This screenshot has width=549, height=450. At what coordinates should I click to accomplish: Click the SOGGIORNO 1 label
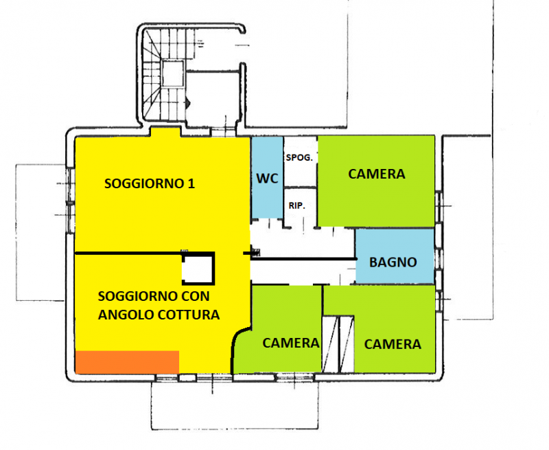[x=150, y=183]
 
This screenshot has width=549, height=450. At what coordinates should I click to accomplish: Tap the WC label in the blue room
[x=267, y=179]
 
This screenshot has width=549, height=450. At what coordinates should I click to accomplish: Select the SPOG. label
[x=299, y=158]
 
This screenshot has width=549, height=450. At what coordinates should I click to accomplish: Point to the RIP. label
[x=297, y=205]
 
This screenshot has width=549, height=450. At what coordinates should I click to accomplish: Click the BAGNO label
[x=393, y=262]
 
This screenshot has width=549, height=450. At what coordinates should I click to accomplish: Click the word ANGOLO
[x=126, y=315]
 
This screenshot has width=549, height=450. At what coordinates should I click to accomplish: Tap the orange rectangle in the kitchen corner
[x=127, y=362]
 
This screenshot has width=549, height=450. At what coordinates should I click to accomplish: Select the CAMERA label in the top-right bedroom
[x=376, y=174]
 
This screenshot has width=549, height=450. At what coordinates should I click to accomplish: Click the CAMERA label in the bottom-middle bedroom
[x=290, y=343]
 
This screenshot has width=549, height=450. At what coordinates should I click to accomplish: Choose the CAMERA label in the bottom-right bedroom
[x=393, y=344]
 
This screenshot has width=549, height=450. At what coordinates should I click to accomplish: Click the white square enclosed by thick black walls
[x=198, y=269]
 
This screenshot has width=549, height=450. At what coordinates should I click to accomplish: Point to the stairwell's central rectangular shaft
[x=173, y=74]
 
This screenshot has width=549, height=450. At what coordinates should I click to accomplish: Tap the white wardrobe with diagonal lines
[x=338, y=344]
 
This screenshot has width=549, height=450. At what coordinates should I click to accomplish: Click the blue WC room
[x=268, y=177]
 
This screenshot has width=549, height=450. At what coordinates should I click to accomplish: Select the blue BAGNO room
[x=395, y=256]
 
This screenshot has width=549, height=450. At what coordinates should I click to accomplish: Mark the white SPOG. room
[x=300, y=161]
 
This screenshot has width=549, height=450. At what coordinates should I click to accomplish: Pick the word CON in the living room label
[x=196, y=297]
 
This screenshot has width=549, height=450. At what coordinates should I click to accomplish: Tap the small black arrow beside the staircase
[x=188, y=102]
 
